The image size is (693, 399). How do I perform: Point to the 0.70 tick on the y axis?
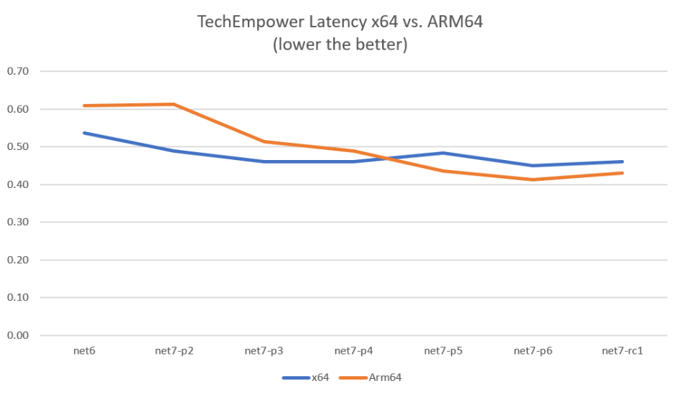coord(18,72)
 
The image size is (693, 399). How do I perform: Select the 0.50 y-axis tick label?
coord(18,147)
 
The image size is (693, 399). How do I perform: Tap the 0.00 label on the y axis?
coord(18,335)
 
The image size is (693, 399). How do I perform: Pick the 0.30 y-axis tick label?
coord(18,222)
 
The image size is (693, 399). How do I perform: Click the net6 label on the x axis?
coord(85,351)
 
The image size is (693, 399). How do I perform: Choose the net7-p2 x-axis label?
coord(175,351)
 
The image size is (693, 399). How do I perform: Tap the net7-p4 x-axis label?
coord(354,351)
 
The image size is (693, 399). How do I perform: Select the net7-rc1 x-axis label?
coord(623,351)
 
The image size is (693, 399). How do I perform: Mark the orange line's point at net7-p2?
coord(175,104)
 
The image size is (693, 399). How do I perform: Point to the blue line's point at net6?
coord(85,133)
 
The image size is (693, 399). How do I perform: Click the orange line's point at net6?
coord(85,105)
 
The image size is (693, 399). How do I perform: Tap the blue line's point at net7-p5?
coord(444,153)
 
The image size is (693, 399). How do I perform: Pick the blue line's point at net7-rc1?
coord(623,161)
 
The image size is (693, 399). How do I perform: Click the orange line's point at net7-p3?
coord(264,141)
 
